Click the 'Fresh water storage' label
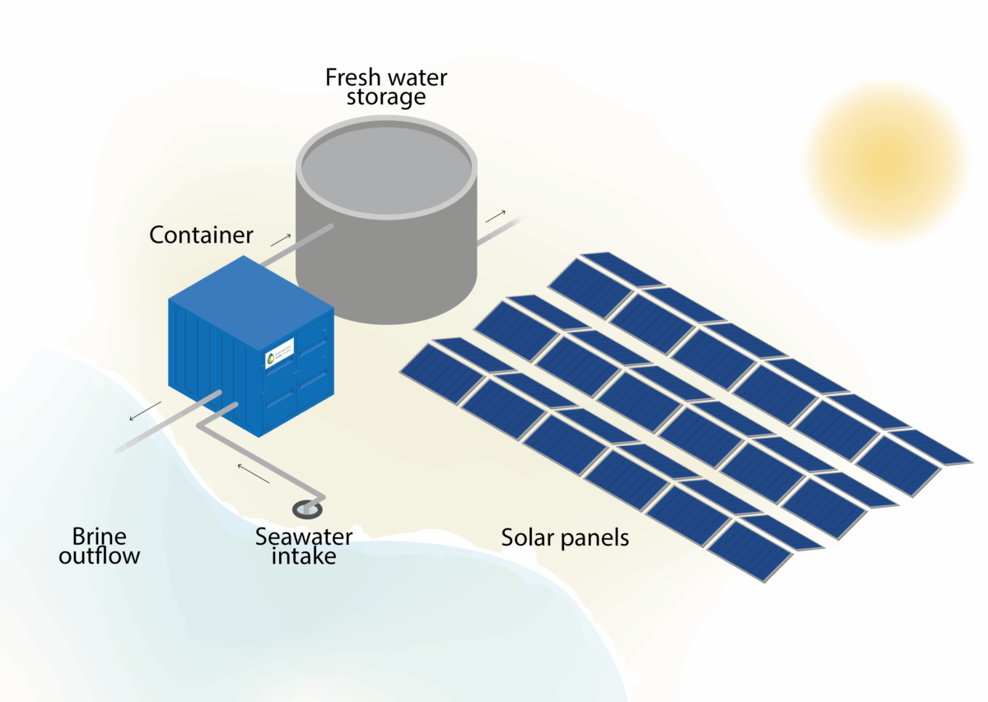coord(386,86)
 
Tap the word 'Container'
coord(201,235)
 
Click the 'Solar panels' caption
coord(565,538)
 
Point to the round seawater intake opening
coord(307,509)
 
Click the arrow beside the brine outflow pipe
coord(145,411)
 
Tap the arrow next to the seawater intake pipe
coord(254,472)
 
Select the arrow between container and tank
coord(280,239)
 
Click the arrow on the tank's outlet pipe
coord(495,216)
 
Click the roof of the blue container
coord(247,284)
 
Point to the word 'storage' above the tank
coord(386,97)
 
